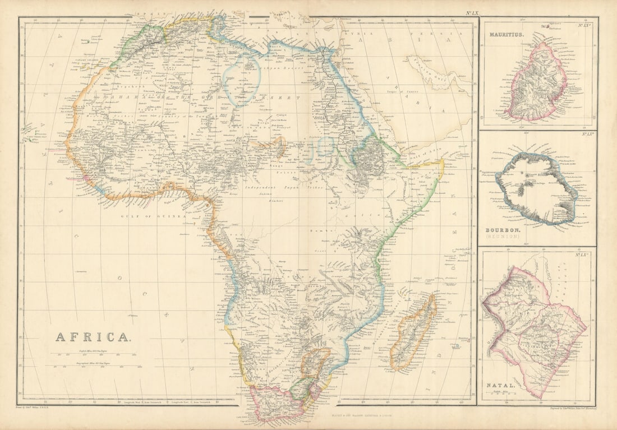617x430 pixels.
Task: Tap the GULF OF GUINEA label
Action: click(x=153, y=215)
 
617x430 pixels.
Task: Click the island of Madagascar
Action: click(x=413, y=334)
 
